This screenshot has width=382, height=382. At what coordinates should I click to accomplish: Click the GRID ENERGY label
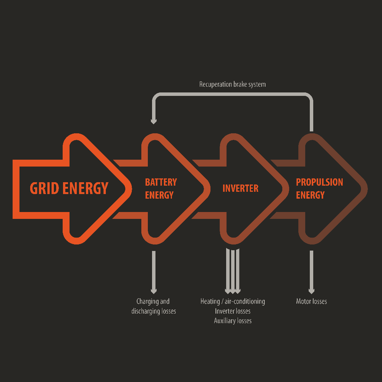click(x=69, y=188)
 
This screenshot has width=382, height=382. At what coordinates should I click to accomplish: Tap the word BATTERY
click(x=161, y=182)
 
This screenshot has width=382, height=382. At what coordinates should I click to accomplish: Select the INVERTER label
click(x=240, y=188)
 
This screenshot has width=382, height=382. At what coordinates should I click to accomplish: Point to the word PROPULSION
click(x=319, y=182)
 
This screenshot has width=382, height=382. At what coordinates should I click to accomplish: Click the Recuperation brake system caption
click(x=232, y=84)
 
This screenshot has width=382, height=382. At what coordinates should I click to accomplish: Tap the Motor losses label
click(x=311, y=301)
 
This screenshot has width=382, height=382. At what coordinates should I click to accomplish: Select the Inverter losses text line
click(x=233, y=311)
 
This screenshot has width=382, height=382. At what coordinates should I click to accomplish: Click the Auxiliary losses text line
click(x=233, y=321)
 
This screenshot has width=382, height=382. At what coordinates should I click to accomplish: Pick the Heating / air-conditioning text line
click(x=233, y=301)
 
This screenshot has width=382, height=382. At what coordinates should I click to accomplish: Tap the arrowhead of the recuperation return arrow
click(x=154, y=121)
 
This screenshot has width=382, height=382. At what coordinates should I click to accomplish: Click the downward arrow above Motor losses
click(x=311, y=272)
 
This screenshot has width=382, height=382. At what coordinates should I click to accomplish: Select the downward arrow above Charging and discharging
click(x=154, y=272)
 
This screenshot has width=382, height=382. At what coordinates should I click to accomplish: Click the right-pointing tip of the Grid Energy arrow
click(x=131, y=189)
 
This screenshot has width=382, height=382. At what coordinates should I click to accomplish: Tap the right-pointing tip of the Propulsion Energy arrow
click(x=367, y=189)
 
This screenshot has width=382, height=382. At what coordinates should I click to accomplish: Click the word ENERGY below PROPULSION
click(x=310, y=195)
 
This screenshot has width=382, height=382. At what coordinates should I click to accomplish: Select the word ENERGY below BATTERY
click(x=159, y=195)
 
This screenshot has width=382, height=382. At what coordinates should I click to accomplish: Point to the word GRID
click(x=44, y=188)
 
